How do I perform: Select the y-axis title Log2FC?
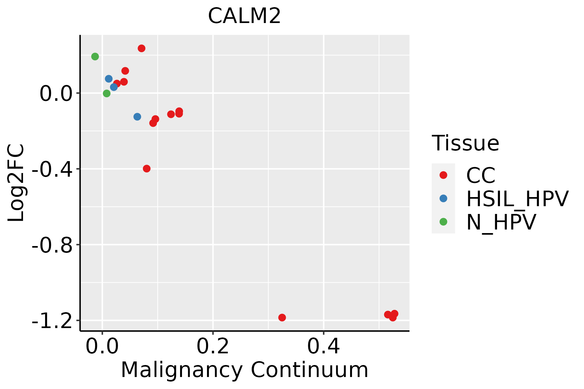(16, 183)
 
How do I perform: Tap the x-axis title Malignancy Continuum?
(244, 370)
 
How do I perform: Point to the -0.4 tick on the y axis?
(52, 169)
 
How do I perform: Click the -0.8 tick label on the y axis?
(52, 245)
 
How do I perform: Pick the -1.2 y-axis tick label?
(52, 321)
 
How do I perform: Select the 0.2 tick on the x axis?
(213, 347)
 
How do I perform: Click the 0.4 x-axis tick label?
(323, 347)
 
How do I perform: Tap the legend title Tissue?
(465, 143)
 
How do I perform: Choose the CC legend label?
(481, 175)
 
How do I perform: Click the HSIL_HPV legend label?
(517, 199)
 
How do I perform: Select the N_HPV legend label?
(501, 222)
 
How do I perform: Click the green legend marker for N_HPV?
(443, 222)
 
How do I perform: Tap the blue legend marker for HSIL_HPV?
(443, 198)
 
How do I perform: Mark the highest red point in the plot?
(141, 48)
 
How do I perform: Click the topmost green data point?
(95, 57)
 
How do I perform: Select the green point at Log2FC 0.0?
(107, 93)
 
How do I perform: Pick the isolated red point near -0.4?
(147, 169)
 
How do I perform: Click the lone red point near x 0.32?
(282, 317)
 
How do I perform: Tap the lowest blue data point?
(137, 117)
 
